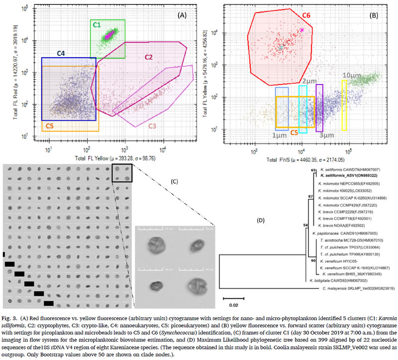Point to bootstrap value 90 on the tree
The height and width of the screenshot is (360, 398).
312,259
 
